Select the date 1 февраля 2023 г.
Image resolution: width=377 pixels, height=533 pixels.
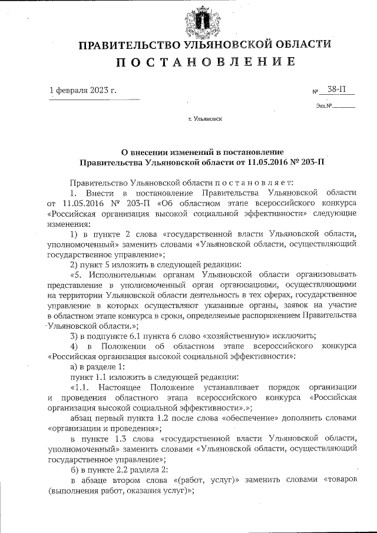(x=82, y=90)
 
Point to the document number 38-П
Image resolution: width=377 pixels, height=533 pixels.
(x=338, y=90)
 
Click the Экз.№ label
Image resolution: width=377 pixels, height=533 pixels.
(x=325, y=107)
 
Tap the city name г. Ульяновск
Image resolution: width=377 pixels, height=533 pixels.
(x=205, y=119)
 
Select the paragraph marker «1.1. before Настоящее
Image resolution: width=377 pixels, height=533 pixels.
(x=80, y=387)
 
